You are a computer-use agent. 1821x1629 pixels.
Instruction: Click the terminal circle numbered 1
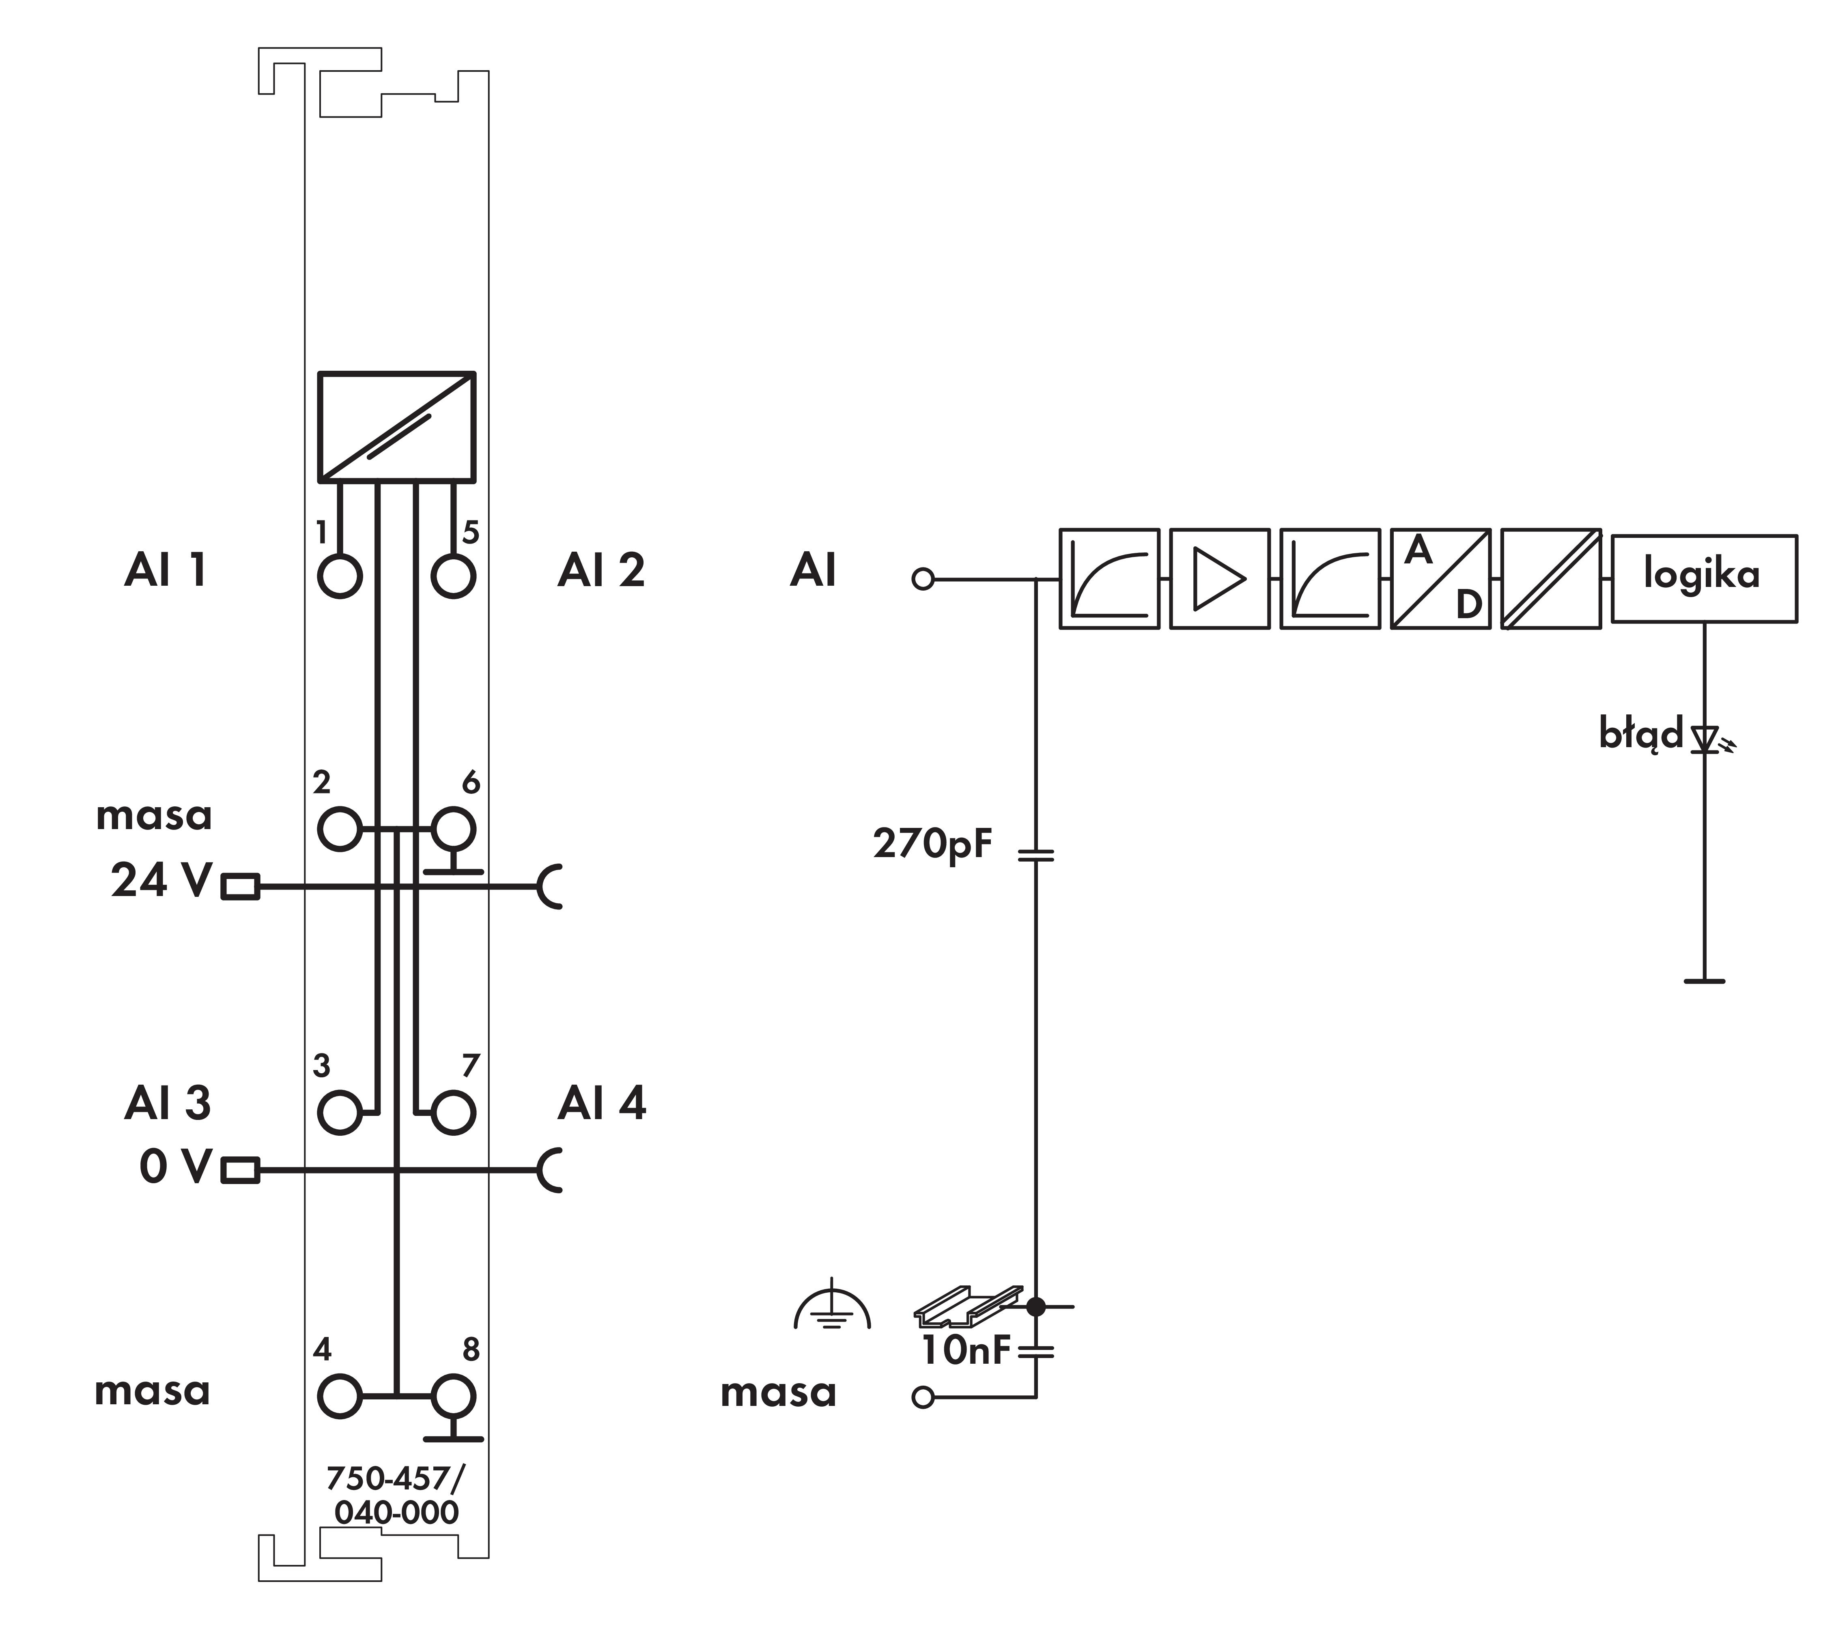(x=339, y=576)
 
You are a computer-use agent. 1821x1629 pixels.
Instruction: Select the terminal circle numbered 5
(x=453, y=576)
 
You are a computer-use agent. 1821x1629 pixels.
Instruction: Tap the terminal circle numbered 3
(x=339, y=1113)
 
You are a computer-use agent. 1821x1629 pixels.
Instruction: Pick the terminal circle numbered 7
(x=453, y=1113)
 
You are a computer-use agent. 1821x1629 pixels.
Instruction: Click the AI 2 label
(x=601, y=570)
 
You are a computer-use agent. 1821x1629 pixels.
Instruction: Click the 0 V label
(x=175, y=1166)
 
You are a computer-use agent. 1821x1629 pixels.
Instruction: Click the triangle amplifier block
(x=1219, y=578)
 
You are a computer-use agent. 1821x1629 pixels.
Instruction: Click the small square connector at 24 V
(x=240, y=886)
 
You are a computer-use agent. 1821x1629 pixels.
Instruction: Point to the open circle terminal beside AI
(x=922, y=579)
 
